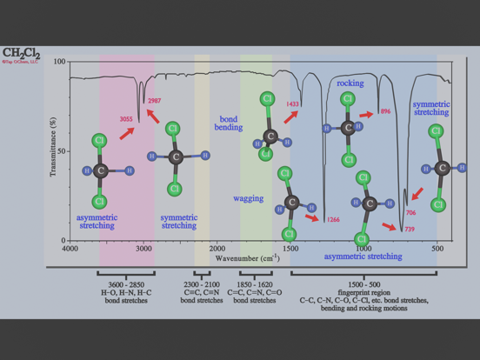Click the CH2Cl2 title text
pyautogui.click(x=21, y=53)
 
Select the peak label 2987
pyautogui.click(x=154, y=101)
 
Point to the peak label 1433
pyautogui.click(x=292, y=104)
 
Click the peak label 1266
pyautogui.click(x=332, y=220)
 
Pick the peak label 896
pyautogui.click(x=384, y=112)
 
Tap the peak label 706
pyautogui.click(x=410, y=212)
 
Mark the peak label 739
pyautogui.click(x=409, y=229)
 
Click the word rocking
pyautogui.click(x=350, y=83)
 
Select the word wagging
pyautogui.click(x=248, y=198)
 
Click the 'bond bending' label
pyautogui.click(x=230, y=123)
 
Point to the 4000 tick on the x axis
pyautogui.click(x=70, y=249)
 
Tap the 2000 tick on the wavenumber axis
pyautogui.click(x=217, y=249)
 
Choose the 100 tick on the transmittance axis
pyautogui.click(x=60, y=62)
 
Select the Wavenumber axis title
pyautogui.click(x=247, y=257)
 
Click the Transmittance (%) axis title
pyautogui.click(x=53, y=150)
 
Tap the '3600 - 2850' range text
pyautogui.click(x=126, y=285)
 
